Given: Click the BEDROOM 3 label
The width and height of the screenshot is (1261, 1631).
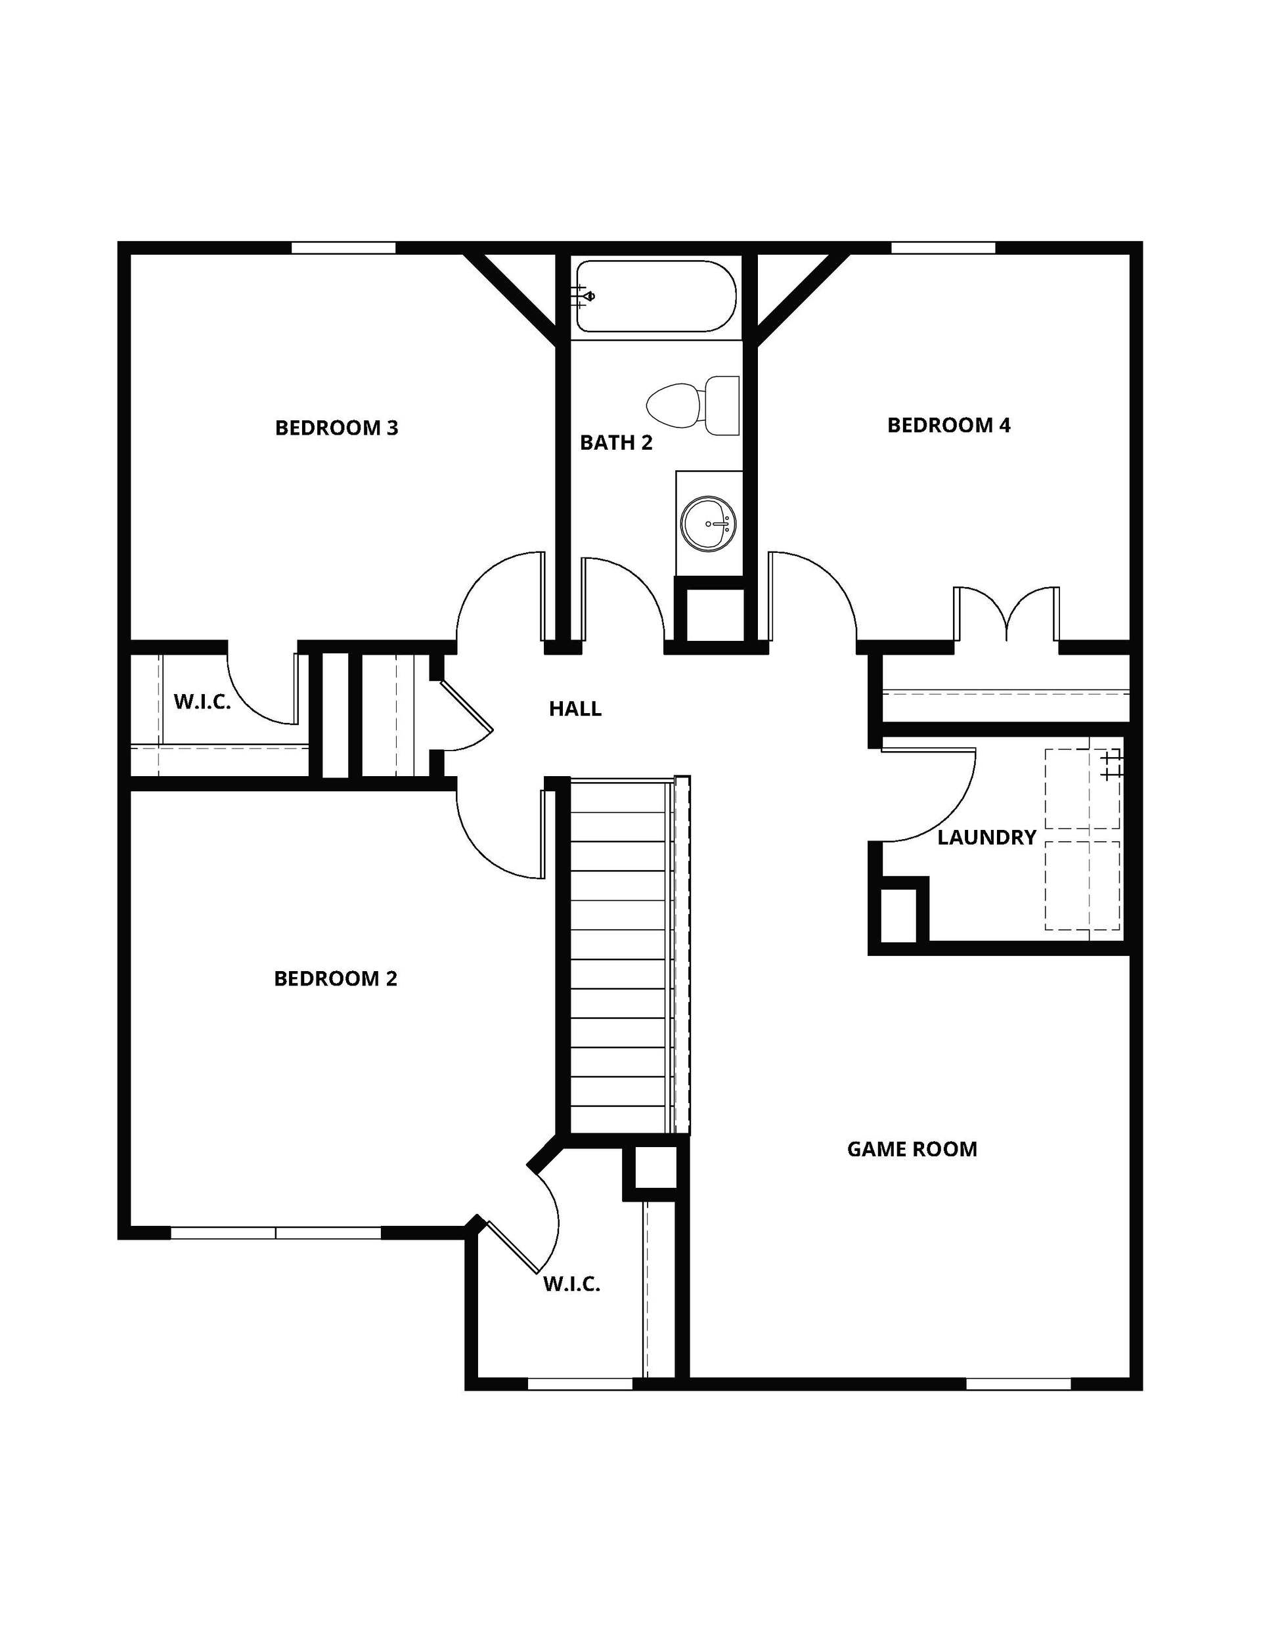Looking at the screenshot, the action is pyautogui.click(x=336, y=428).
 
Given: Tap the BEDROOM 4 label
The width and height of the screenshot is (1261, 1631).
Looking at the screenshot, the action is pyautogui.click(x=949, y=425).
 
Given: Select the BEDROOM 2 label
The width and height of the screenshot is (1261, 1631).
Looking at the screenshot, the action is pyautogui.click(x=336, y=978).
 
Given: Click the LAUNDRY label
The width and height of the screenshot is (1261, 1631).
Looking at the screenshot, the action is pyautogui.click(x=987, y=837).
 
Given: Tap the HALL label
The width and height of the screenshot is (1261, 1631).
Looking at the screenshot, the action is pyautogui.click(x=575, y=708).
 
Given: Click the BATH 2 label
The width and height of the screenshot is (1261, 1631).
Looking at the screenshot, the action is pyautogui.click(x=616, y=443).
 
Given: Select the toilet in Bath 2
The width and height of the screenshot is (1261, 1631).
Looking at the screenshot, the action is pyautogui.click(x=692, y=406).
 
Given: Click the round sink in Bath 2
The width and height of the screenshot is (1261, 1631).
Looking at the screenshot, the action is pyautogui.click(x=708, y=523).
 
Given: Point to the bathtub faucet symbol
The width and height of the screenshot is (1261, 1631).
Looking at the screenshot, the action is pyautogui.click(x=583, y=297).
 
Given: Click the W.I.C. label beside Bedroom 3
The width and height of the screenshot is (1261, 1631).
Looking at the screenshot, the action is pyautogui.click(x=202, y=701).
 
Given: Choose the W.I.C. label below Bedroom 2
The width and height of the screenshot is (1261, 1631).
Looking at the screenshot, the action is pyautogui.click(x=571, y=1284).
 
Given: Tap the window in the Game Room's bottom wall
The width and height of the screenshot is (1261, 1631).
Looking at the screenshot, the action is pyautogui.click(x=1018, y=1384).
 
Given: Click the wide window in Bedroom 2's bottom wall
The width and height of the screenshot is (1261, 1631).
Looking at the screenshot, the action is pyautogui.click(x=277, y=1233).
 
